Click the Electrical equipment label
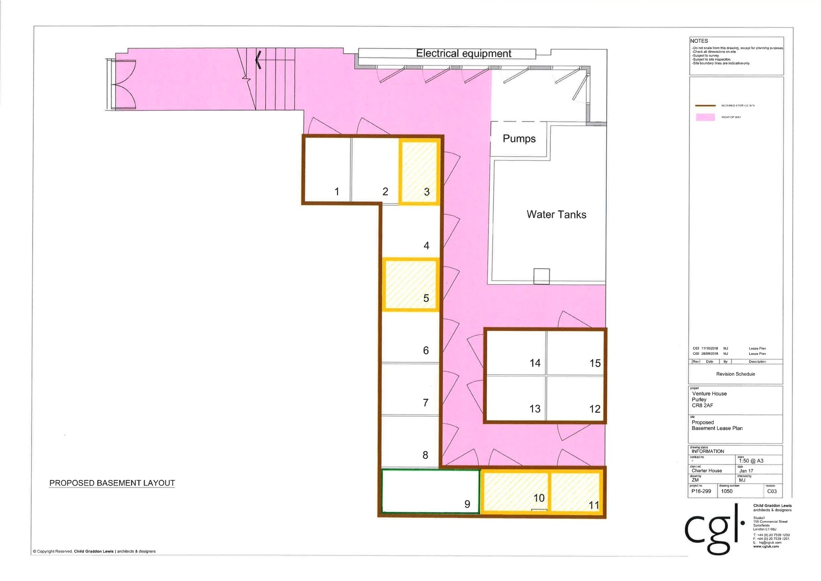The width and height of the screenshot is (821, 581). pos(463,53)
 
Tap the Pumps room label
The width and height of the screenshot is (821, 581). pos(519,139)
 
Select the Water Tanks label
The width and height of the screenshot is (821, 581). pos(556,214)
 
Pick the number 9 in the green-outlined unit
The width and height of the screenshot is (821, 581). pos(467,504)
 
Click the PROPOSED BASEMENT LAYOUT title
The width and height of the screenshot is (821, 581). pos(112,483)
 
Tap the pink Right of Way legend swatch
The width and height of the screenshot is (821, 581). pos(705,117)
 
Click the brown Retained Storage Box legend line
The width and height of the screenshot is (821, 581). pos(705,106)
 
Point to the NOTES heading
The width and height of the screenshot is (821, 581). pos(699,41)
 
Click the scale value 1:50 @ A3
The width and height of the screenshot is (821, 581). pos(751,461)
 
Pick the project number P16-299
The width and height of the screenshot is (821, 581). pos(701,491)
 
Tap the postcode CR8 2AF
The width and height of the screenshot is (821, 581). pos(702,405)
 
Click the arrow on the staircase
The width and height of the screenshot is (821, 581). pos(258,60)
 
